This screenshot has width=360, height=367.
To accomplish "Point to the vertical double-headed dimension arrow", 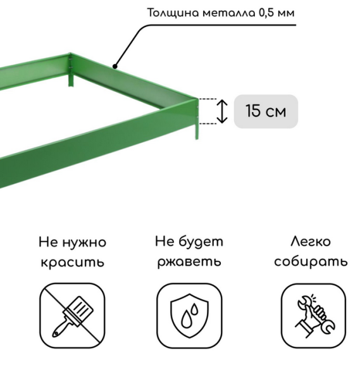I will (x=222, y=111).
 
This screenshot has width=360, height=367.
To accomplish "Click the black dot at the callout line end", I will (x=115, y=65).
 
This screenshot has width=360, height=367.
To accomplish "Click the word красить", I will (x=72, y=262).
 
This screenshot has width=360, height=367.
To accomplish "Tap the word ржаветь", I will (x=189, y=262).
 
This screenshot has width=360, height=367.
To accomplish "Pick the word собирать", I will (x=311, y=262).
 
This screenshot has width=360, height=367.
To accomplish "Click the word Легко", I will (x=311, y=242).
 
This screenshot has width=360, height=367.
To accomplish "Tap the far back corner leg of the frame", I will (x=70, y=80).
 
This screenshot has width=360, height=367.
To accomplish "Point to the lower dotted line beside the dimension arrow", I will (x=211, y=123).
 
